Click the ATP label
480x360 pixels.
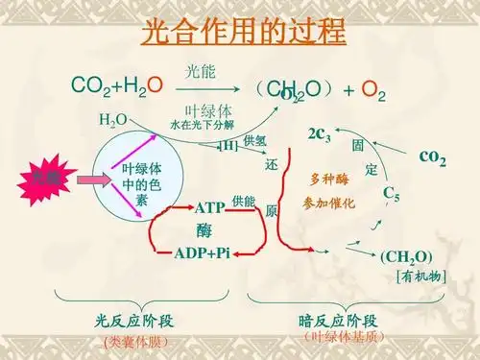coord(209,207)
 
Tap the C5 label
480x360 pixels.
coord(392,195)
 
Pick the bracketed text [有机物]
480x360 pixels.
coord(419,276)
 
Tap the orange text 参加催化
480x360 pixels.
coord(328,204)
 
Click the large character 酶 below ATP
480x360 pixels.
coord(204,230)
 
